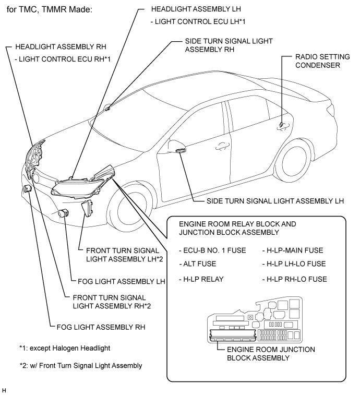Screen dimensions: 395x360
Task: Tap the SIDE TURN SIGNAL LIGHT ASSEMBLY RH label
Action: [229, 45]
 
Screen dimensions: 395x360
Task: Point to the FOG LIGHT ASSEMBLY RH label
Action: [100, 327]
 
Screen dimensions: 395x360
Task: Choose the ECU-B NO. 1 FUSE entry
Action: [212, 250]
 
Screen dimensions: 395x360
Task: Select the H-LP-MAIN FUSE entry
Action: [292, 250]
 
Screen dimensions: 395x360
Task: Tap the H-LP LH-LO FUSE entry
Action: [294, 264]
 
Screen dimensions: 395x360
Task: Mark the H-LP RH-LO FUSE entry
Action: [295, 279]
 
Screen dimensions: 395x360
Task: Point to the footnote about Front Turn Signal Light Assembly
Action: [80, 365]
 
